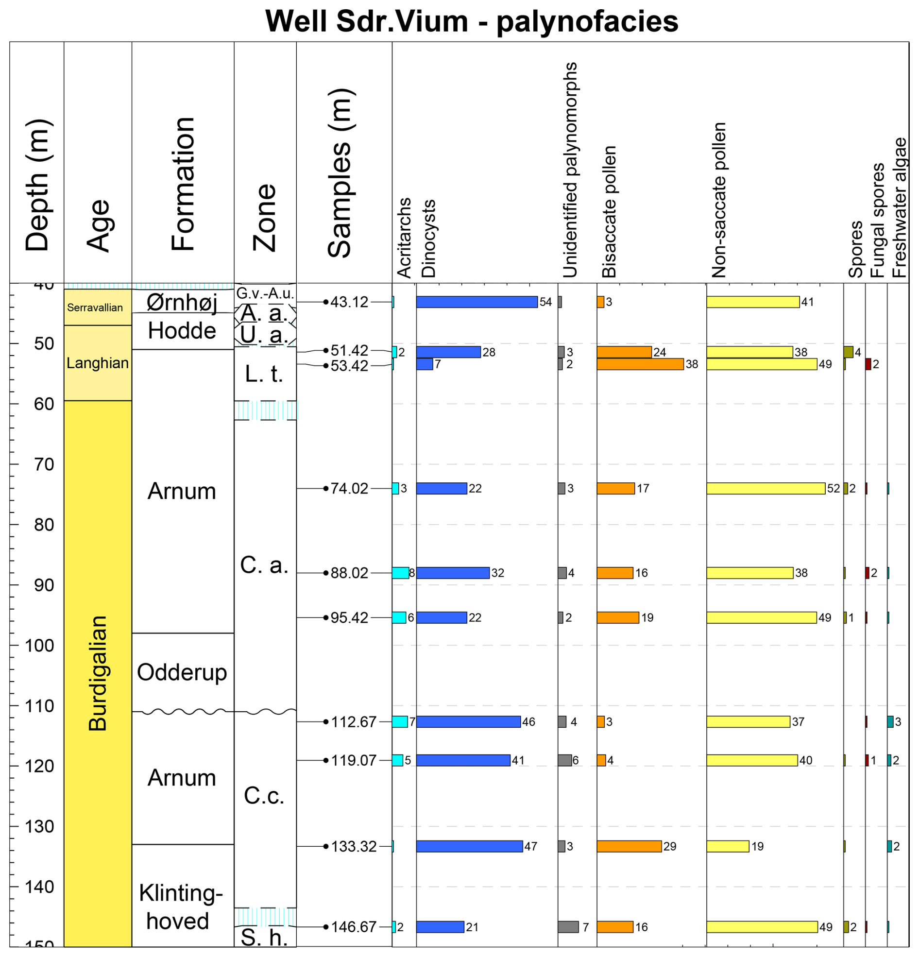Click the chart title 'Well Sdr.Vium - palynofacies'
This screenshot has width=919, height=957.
471,21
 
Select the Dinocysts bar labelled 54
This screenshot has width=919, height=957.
477,302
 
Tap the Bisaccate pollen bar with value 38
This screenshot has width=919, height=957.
640,364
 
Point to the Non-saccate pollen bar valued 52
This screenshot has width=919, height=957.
765,488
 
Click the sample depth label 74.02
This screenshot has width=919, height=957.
349,488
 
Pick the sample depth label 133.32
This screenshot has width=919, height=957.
354,846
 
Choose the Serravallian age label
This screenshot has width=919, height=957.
95,308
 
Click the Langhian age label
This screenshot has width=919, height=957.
98,363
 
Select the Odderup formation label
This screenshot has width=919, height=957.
182,672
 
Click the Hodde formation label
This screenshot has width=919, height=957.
182,331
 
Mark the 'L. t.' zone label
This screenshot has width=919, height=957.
264,374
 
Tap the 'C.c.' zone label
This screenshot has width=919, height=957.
264,796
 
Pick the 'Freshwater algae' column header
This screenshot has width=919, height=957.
900,207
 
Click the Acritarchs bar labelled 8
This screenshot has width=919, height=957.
400,573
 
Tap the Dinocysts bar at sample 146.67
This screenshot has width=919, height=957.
440,927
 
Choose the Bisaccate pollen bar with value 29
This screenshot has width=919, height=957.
629,846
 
